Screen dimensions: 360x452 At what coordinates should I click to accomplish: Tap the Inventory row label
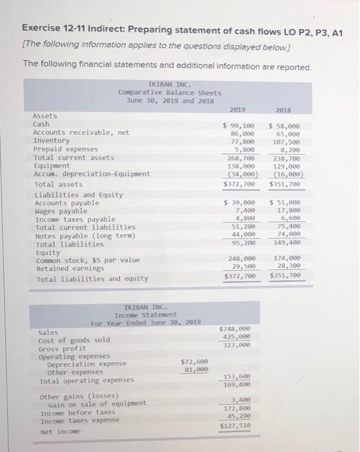[x=51, y=141]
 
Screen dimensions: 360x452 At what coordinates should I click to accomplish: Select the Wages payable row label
[x=59, y=211]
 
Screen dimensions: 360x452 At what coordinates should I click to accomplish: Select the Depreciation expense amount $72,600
[x=194, y=362]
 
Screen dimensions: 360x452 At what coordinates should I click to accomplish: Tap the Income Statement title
[x=150, y=314]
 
